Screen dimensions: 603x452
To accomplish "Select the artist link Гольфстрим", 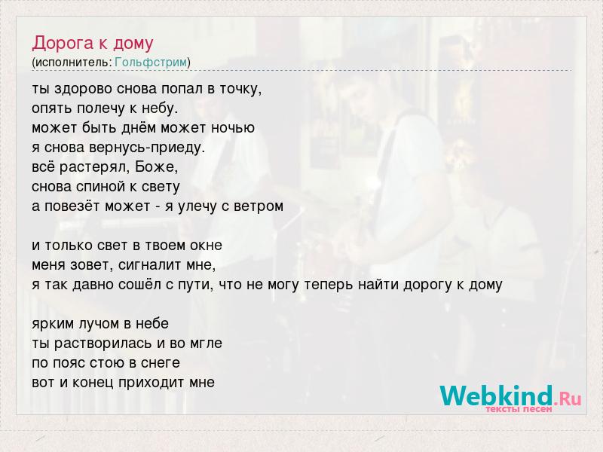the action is tap(151, 62).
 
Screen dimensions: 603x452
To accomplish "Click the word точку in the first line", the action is tap(240, 90).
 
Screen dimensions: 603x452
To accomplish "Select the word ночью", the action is tap(233, 127).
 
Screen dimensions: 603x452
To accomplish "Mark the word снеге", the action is tap(161, 363).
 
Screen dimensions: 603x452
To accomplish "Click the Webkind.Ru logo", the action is tap(511, 399).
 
